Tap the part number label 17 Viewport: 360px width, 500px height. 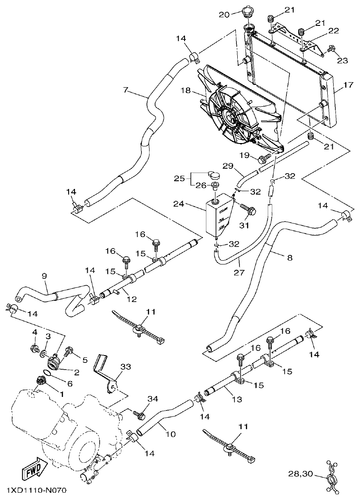[349, 85]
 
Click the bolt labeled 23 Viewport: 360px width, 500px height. [331, 48]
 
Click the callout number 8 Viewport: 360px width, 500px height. [290, 257]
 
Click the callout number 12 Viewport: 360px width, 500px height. [132, 299]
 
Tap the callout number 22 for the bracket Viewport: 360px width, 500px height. [333, 30]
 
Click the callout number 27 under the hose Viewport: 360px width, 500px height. [240, 273]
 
